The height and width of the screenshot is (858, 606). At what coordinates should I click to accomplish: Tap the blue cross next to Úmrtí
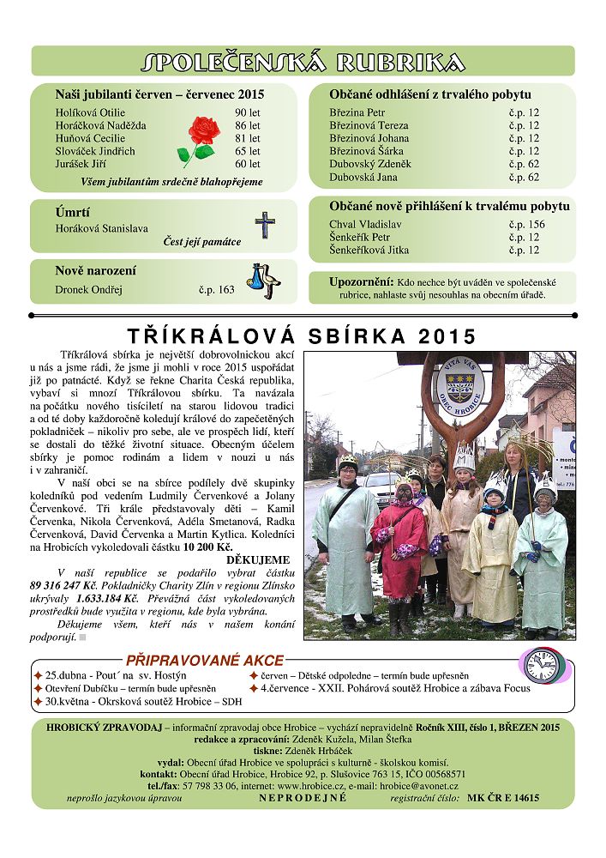(265, 225)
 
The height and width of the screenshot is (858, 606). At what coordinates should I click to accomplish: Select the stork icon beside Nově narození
(264, 280)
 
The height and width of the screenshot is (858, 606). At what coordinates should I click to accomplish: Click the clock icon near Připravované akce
(542, 666)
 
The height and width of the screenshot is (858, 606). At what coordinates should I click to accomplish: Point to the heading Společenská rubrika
(303, 62)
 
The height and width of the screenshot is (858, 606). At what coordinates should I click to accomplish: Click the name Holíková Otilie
(90, 112)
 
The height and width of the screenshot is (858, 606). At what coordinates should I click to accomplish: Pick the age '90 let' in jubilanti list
(248, 112)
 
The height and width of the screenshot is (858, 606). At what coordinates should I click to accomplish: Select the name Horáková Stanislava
(101, 228)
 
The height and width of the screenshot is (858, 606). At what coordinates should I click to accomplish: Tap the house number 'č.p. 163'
(216, 290)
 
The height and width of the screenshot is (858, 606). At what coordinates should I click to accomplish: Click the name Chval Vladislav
(365, 225)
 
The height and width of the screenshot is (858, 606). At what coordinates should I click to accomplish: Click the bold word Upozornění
(361, 281)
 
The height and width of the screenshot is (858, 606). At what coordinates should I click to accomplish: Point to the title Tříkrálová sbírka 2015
(302, 336)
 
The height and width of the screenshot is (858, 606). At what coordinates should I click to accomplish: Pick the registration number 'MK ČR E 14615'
(503, 798)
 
